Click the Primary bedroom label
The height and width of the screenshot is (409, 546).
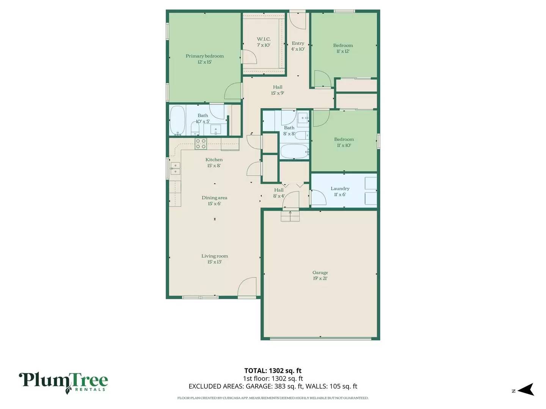tap(204, 59)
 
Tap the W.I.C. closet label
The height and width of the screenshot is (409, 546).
tap(264, 42)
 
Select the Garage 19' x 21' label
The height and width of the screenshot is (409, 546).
tap(320, 275)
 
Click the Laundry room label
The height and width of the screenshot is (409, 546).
tap(340, 191)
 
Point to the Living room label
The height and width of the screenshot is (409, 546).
tap(215, 259)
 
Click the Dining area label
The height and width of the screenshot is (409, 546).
tap(214, 200)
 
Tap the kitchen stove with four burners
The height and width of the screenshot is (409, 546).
tap(201, 144)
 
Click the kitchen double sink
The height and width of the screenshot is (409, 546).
tap(175, 169)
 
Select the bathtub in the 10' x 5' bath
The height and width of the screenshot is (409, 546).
tap(177, 120)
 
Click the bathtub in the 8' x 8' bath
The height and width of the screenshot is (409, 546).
tap(294, 151)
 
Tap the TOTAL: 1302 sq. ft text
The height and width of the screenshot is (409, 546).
tap(273, 371)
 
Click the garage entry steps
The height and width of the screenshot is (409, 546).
tap(290, 216)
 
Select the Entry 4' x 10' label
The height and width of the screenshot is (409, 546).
tap(298, 46)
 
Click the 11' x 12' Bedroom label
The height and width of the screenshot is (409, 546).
tap(343, 48)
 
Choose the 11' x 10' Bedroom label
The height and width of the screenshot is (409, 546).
tap(344, 142)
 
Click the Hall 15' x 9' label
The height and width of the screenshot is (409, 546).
tap(278, 90)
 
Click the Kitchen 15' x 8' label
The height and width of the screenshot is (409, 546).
tap(214, 162)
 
